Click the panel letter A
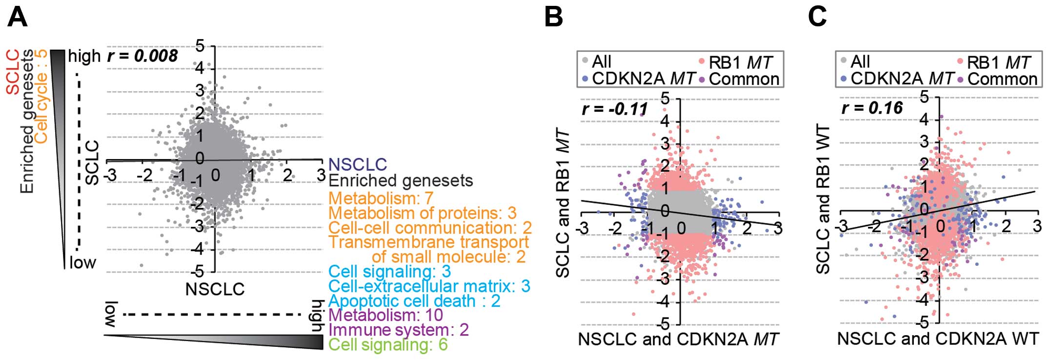click(x=18, y=17)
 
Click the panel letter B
click(x=554, y=17)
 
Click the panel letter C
click(x=818, y=17)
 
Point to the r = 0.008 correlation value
click(x=142, y=56)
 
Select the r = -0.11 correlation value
click(x=615, y=109)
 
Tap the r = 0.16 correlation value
click(x=872, y=108)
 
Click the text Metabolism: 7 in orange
click(x=381, y=199)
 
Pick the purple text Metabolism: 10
click(x=385, y=315)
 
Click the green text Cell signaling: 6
click(x=388, y=345)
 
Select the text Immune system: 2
click(x=399, y=330)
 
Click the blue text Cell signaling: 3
click(x=389, y=272)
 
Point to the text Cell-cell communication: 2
click(x=430, y=228)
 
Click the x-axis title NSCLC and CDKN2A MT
click(x=678, y=340)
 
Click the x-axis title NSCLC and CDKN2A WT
click(x=938, y=339)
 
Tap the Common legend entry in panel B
click(x=744, y=79)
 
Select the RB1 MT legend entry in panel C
click(x=998, y=62)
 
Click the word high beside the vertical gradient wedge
click(x=84, y=57)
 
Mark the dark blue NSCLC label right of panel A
click(x=358, y=164)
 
